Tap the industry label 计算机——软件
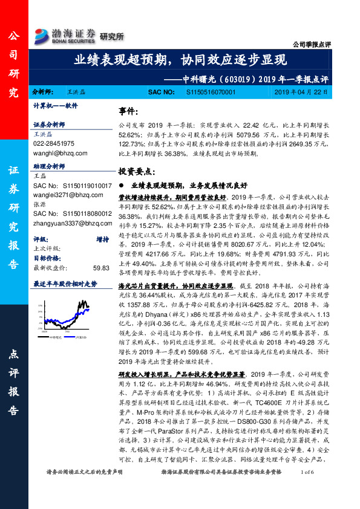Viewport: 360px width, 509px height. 56,105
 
